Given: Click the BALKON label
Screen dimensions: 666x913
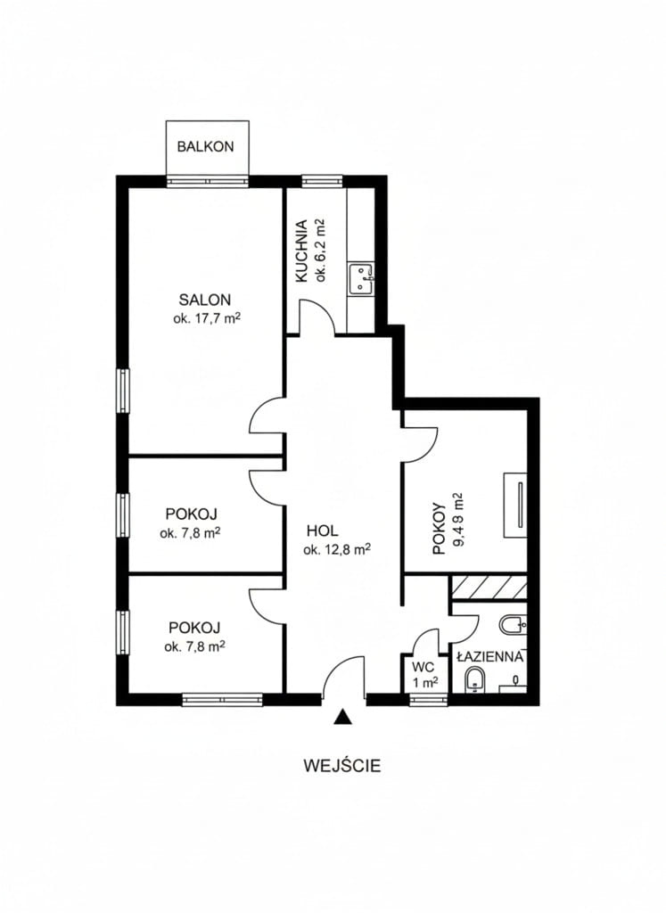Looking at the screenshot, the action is click(x=205, y=146).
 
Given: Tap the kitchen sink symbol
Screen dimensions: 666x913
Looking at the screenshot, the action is click(x=361, y=278).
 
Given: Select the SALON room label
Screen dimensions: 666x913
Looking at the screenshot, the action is click(x=204, y=300).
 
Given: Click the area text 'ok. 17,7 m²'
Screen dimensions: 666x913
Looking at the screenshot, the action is click(x=207, y=318).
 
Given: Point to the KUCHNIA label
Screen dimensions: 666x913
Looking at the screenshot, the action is click(x=301, y=251).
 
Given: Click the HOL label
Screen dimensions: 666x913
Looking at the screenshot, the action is click(x=323, y=531).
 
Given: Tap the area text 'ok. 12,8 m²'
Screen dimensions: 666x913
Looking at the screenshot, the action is click(x=337, y=549).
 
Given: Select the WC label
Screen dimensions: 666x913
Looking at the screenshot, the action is click(x=423, y=667).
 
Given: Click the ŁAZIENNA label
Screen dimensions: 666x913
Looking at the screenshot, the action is click(x=490, y=657).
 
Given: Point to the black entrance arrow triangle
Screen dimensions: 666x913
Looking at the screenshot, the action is click(x=343, y=717).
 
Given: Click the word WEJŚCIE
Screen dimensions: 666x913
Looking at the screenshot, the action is click(x=342, y=765).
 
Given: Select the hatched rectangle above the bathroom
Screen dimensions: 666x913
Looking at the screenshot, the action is click(x=489, y=587).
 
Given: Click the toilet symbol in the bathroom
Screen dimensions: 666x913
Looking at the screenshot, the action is click(x=475, y=680).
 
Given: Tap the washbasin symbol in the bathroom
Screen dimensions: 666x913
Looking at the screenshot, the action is click(x=514, y=625).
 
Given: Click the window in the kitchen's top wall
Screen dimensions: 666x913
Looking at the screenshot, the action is click(x=322, y=180).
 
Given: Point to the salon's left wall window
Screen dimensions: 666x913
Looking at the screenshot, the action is click(x=123, y=391).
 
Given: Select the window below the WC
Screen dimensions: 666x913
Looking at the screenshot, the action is click(x=428, y=699).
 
